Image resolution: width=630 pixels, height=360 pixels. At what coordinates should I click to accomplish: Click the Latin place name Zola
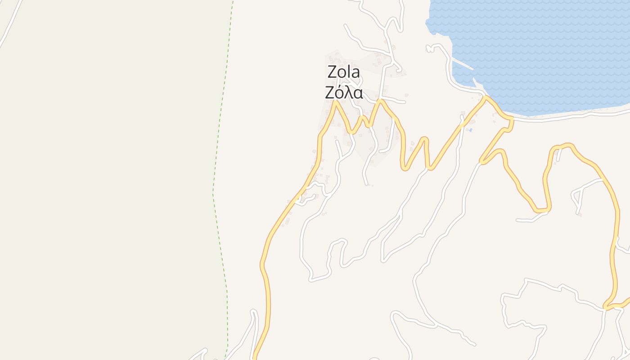(344, 72)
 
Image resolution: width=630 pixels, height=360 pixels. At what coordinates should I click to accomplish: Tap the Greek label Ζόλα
(344, 92)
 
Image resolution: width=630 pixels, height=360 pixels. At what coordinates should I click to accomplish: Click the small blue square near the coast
(470, 130)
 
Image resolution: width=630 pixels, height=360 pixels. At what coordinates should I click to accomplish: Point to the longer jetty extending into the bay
(462, 64)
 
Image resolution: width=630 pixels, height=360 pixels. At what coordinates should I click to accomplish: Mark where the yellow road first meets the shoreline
(486, 97)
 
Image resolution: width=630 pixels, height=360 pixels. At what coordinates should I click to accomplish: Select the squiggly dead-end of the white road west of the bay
(431, 47)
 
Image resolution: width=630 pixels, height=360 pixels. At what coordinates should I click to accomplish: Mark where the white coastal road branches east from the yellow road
(513, 119)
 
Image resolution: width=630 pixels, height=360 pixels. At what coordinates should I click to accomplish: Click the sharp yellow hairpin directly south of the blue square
(481, 162)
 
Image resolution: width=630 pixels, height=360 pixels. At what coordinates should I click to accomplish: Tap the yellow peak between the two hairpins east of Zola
(425, 139)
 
